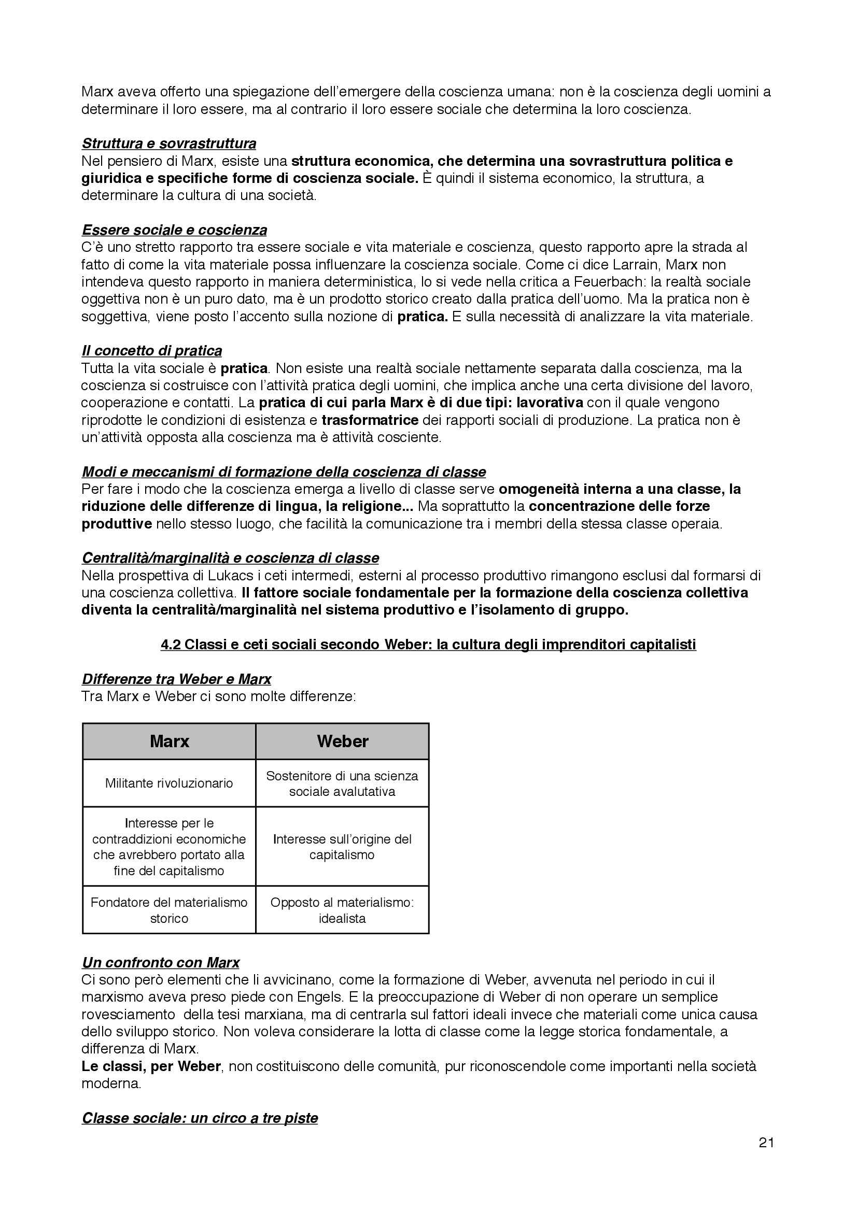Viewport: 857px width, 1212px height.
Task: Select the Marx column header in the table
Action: (x=169, y=741)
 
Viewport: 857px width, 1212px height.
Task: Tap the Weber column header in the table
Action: (x=342, y=741)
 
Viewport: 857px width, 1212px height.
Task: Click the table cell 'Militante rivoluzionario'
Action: (x=169, y=783)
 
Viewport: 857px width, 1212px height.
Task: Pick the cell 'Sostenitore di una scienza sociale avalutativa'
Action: (x=342, y=783)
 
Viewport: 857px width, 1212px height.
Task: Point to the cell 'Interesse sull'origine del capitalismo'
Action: (x=342, y=847)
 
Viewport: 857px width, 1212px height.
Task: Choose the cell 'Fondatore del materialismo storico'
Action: (x=169, y=910)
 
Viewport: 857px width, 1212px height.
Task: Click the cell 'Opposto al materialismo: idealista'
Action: (x=342, y=910)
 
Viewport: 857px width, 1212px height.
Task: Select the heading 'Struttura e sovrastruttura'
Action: (x=169, y=143)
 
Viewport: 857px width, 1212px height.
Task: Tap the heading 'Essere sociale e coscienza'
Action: (x=174, y=230)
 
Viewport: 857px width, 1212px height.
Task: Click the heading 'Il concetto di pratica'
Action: (x=151, y=350)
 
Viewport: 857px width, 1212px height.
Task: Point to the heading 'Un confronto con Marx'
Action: (x=161, y=962)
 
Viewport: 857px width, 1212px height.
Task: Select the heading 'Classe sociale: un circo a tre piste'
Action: (x=200, y=1118)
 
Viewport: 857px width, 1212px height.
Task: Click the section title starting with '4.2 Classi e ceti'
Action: (x=428, y=644)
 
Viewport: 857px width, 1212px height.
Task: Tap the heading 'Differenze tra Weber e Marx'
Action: (x=176, y=679)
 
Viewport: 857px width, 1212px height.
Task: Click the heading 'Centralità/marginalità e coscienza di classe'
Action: (x=230, y=558)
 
